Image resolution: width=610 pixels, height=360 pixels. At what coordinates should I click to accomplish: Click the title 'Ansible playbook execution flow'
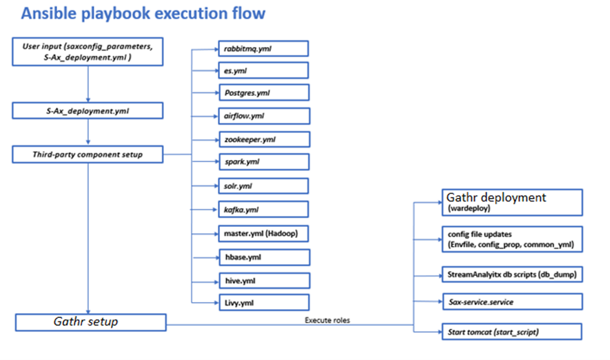click(143, 14)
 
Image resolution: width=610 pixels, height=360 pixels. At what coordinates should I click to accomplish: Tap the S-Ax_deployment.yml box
click(88, 110)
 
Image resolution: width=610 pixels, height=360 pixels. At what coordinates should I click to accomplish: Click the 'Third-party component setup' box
click(88, 154)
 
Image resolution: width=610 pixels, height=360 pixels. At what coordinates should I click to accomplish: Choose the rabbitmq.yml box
click(262, 49)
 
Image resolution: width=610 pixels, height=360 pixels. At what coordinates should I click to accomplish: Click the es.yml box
click(262, 70)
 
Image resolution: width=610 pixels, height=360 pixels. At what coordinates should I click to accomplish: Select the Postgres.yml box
click(262, 92)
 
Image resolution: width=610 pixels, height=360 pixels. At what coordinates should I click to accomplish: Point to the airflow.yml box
click(262, 116)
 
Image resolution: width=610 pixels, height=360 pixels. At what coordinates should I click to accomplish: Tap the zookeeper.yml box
click(262, 139)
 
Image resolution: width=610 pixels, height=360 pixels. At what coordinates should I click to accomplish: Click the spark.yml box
click(262, 163)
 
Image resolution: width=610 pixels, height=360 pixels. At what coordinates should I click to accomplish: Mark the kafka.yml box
click(262, 209)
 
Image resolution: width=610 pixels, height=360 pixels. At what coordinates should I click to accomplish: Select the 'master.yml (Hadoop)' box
click(262, 233)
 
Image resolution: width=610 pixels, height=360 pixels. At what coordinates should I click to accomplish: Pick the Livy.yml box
click(262, 301)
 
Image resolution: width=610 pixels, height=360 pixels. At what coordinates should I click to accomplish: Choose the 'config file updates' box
click(511, 239)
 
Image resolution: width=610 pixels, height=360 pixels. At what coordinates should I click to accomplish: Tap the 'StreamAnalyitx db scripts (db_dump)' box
click(511, 274)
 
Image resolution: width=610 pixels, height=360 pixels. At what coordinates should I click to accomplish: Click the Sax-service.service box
click(511, 301)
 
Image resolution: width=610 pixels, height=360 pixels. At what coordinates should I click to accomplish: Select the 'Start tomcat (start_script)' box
click(511, 332)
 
